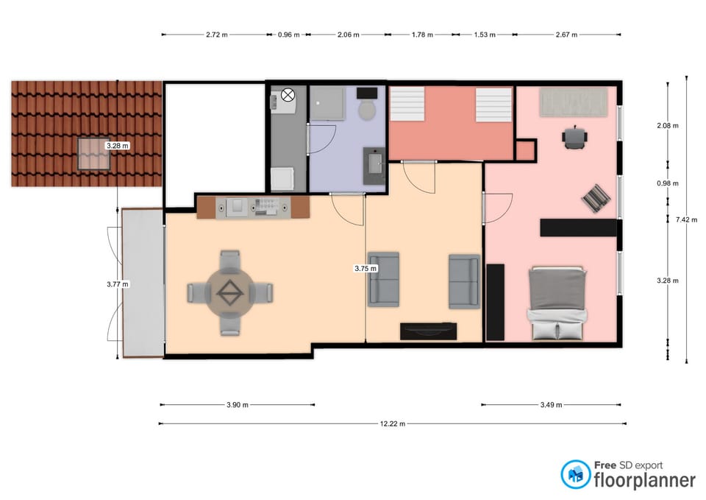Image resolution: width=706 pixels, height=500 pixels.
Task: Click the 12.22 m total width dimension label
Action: (x=393, y=423)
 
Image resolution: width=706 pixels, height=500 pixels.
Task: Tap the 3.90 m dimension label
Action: (x=237, y=404)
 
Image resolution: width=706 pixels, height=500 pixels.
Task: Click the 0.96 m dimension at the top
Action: (x=288, y=35)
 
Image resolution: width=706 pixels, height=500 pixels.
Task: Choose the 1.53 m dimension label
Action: (x=484, y=35)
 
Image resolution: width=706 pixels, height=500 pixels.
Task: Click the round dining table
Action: (x=230, y=293)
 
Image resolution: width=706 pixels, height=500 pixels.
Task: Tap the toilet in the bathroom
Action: (x=368, y=110)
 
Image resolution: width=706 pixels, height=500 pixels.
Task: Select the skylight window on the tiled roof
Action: (x=96, y=155)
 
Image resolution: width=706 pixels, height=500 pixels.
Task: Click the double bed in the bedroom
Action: (x=557, y=303)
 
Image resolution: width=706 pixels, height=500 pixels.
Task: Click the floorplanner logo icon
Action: (x=575, y=475)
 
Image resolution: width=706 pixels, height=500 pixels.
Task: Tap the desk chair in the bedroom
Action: (x=574, y=136)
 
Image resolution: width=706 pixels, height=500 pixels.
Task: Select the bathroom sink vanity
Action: (x=374, y=166)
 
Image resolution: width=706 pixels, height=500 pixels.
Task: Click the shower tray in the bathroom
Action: (x=327, y=103)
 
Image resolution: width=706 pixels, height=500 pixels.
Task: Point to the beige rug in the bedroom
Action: (x=574, y=102)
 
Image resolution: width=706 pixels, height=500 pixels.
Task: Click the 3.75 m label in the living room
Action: (x=366, y=269)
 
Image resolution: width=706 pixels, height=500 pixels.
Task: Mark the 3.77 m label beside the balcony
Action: (x=118, y=284)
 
